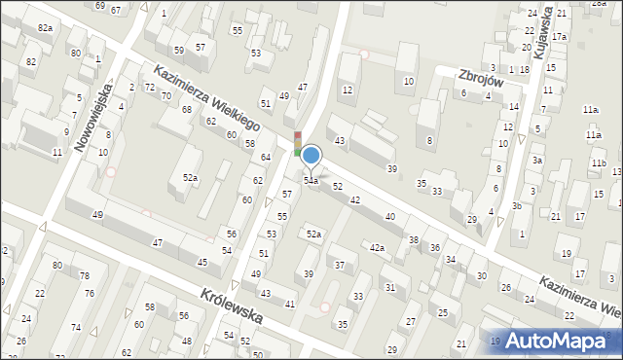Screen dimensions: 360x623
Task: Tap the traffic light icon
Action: click(298, 143)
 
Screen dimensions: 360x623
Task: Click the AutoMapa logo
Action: click(565, 342)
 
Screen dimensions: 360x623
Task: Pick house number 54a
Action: click(311, 181)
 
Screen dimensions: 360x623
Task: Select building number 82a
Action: click(45, 28)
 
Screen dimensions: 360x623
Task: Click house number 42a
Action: click(377, 248)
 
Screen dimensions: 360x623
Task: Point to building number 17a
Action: click(559, 37)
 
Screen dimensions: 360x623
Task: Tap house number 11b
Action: click(599, 162)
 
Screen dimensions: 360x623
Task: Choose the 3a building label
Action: click(536, 160)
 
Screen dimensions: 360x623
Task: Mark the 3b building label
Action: click(518, 206)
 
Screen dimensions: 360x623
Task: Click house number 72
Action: click(150, 88)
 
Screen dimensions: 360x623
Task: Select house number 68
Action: click(187, 109)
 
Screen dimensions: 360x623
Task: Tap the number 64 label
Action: click(265, 157)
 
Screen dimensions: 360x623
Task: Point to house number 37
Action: click(340, 265)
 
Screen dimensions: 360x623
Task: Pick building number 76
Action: click(89, 294)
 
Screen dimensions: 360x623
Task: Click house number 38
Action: click(413, 239)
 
